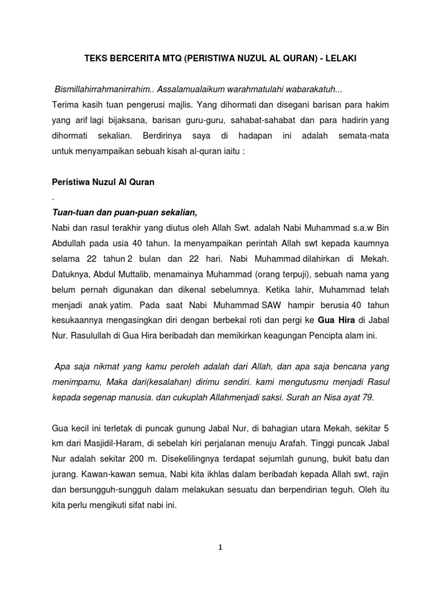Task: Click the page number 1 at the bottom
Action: [221, 547]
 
